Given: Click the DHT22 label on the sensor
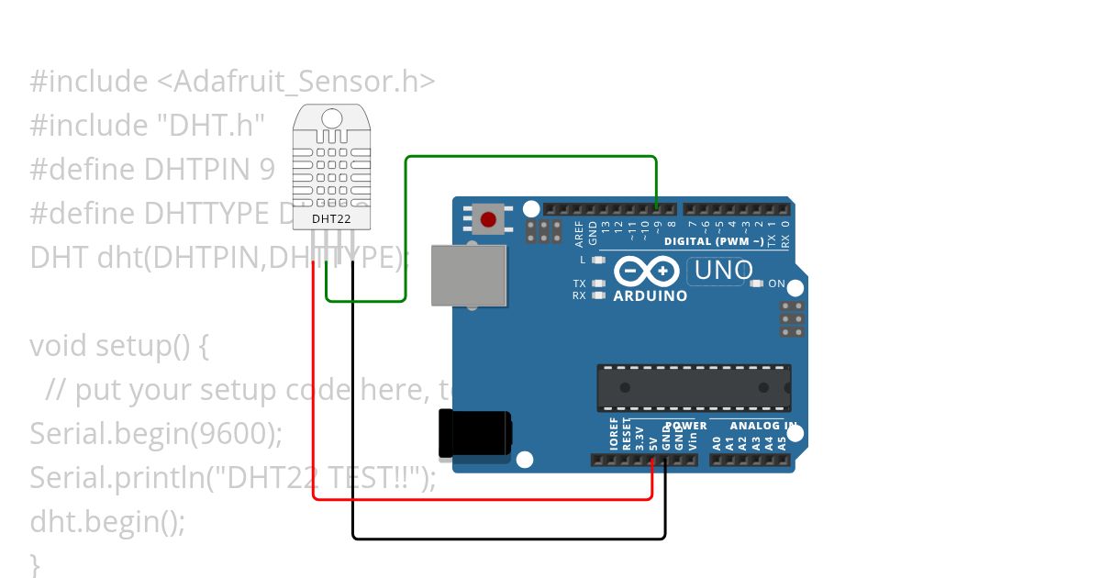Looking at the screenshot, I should [330, 219].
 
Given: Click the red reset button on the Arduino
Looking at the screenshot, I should [488, 220].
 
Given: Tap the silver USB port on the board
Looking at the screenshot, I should [469, 275].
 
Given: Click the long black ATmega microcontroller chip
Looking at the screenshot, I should [694, 387].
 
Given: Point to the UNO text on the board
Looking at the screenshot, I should [724, 271].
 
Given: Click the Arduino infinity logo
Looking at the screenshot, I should [647, 272].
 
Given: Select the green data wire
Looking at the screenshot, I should [532, 157].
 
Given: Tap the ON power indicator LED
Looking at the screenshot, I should [756, 284].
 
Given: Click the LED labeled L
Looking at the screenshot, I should [598, 260].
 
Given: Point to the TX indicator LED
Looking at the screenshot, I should [598, 284].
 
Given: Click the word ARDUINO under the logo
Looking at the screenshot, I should [650, 296].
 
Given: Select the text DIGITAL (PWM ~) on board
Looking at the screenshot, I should [714, 242].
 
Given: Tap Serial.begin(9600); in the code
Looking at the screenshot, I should [156, 434].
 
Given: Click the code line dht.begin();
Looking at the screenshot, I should [107, 522].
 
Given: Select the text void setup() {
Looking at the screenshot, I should [120, 346].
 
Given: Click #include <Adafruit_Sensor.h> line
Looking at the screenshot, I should [232, 82].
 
